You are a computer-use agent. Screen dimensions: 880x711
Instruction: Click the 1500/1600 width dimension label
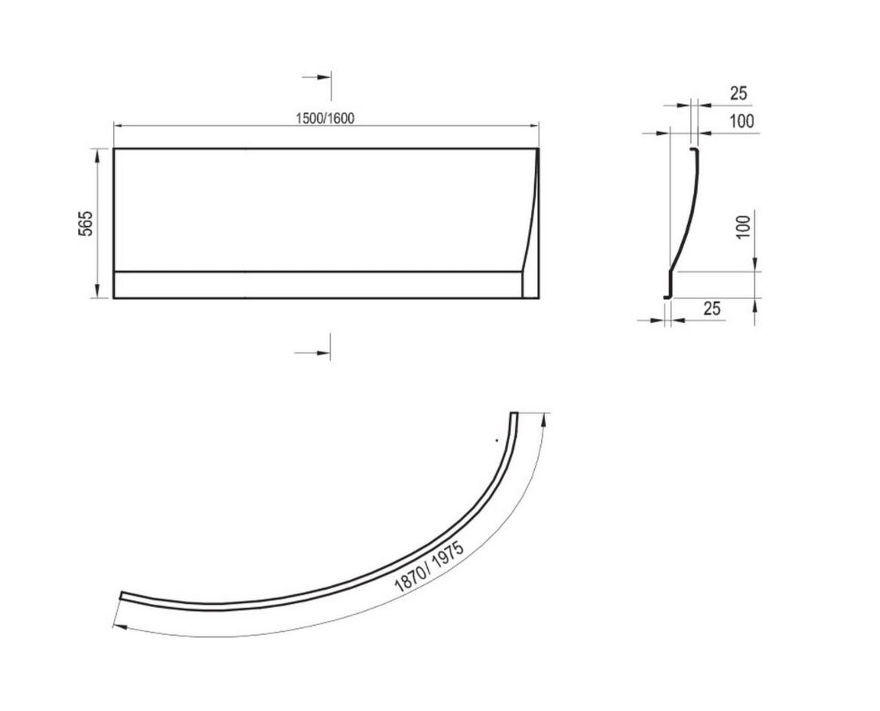pyautogui.click(x=325, y=118)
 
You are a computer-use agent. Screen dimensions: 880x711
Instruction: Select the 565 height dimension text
pyautogui.click(x=84, y=224)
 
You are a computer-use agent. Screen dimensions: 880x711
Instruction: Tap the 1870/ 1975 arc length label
pyautogui.click(x=429, y=567)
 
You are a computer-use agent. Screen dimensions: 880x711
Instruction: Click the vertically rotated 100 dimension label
pyautogui.click(x=743, y=227)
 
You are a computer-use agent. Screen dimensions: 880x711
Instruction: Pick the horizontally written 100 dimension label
pyautogui.click(x=741, y=121)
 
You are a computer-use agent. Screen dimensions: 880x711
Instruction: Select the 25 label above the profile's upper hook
pyautogui.click(x=738, y=93)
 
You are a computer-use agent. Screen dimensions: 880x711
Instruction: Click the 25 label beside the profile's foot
pyautogui.click(x=712, y=308)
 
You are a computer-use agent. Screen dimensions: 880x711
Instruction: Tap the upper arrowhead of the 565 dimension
pyautogui.click(x=98, y=155)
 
